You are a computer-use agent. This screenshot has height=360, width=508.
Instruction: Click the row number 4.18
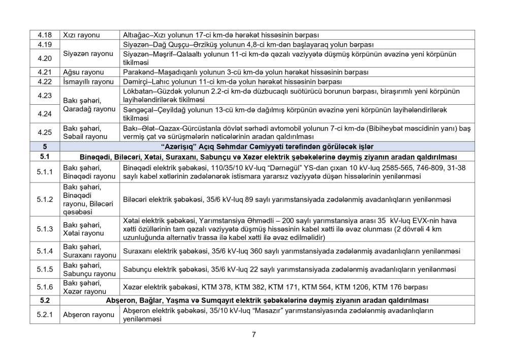(45, 35)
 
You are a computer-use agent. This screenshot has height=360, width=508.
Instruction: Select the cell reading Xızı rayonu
(81, 35)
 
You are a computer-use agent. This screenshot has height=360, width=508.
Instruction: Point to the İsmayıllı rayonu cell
(88, 81)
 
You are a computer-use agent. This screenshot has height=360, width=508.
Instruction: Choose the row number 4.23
(45, 95)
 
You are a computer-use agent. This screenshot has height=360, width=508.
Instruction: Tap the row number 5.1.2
(45, 199)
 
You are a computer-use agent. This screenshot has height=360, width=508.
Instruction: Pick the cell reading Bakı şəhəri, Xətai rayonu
(83, 229)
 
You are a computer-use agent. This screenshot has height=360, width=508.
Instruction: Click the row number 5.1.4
(45, 251)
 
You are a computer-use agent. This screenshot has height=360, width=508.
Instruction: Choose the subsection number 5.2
(45, 301)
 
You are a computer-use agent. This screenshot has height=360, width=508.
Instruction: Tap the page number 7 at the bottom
(253, 334)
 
